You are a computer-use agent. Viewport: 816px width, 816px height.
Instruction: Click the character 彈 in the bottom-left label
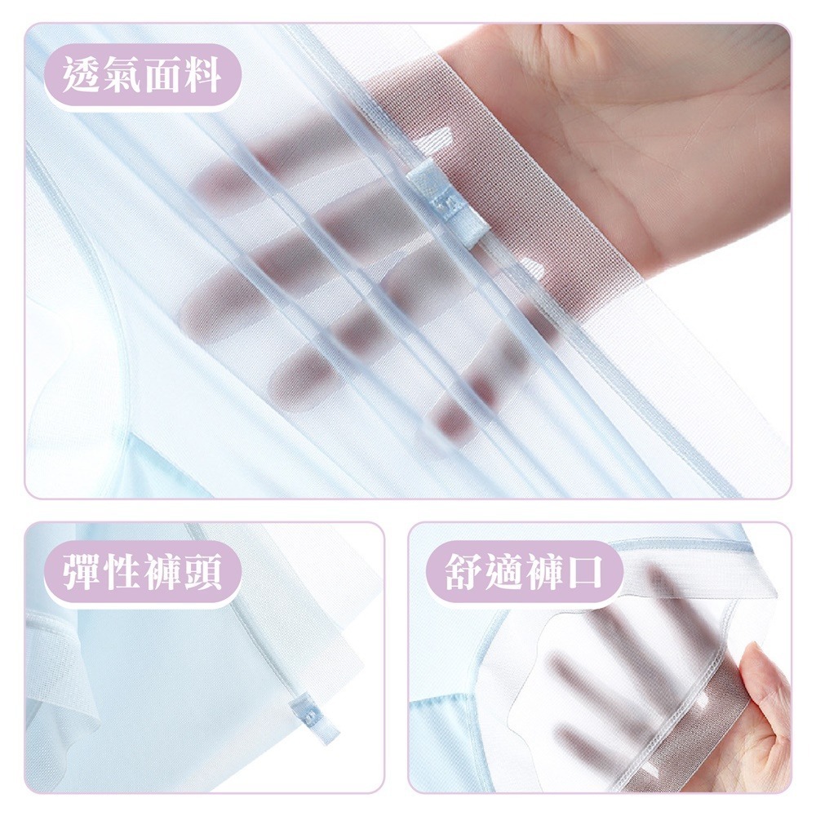[x=85, y=572]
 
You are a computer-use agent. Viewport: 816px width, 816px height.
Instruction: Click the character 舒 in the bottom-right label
[x=467, y=572]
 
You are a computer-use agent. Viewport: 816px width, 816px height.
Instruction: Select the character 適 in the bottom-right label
[x=508, y=572]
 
